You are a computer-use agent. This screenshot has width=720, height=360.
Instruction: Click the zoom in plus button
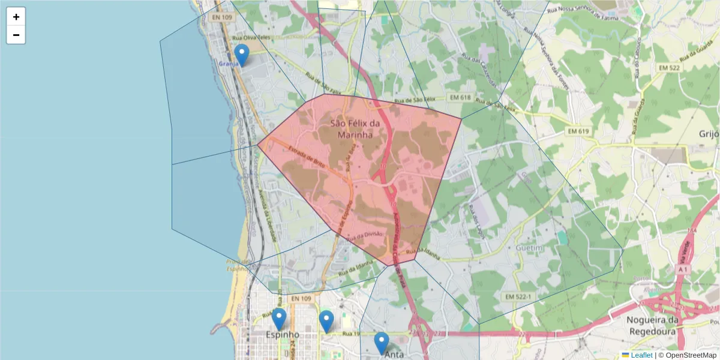[16, 17]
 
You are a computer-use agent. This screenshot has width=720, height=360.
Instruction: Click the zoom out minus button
[16, 35]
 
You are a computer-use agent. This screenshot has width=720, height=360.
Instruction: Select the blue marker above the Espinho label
[279, 319]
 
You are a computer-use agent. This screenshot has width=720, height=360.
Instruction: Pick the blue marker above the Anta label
[382, 343]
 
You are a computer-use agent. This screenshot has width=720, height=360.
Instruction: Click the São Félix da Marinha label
[355, 129]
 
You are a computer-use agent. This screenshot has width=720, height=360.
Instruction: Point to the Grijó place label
[709, 134]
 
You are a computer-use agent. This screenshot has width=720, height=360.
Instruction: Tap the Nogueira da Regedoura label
[660, 325]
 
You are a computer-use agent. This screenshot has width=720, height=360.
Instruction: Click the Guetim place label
[529, 248]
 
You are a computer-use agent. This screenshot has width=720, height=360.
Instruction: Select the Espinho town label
[282, 335]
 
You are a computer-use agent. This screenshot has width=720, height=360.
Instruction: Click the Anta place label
[394, 355]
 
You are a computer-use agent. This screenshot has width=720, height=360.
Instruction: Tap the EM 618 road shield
[460, 97]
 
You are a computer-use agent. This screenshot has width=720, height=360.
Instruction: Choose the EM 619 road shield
[580, 131]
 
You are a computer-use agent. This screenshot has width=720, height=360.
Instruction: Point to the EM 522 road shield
[668, 68]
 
